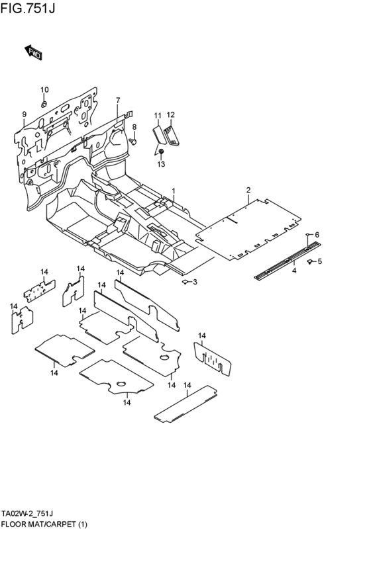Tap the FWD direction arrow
point(32,53)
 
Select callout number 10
point(44,90)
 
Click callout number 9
point(24,114)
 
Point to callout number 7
point(118,101)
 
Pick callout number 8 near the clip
point(134,127)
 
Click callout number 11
point(158,116)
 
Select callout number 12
point(170,115)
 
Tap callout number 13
point(161,163)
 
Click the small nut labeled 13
point(161,152)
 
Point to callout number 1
point(174,191)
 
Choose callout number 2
point(248,191)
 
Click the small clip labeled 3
point(185,282)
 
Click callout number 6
point(317,235)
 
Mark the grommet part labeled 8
point(132,141)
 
